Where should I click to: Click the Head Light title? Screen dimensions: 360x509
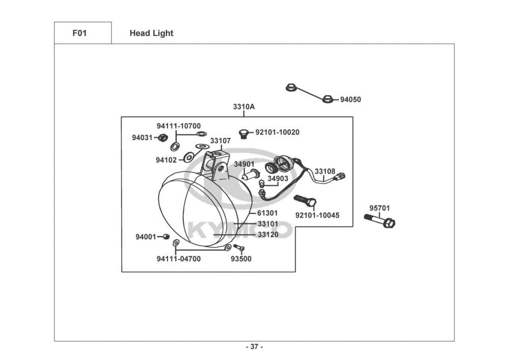(151, 33)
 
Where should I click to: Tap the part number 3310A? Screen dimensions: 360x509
(244, 107)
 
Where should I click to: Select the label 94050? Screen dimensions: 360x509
(350, 100)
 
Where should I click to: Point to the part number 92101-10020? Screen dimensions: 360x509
(277, 132)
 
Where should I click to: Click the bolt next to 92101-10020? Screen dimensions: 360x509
(244, 133)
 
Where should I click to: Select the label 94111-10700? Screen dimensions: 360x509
(178, 126)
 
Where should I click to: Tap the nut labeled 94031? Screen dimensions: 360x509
(163, 137)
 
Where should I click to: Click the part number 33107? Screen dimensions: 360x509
(220, 141)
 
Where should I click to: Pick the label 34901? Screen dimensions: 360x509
(244, 164)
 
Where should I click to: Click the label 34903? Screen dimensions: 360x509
(278, 179)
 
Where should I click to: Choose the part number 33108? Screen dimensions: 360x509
(325, 172)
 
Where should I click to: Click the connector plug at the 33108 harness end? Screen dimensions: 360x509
(341, 176)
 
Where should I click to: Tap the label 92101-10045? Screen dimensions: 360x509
(317, 215)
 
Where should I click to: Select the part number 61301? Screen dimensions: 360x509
(267, 213)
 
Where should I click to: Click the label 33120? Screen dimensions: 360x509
(268, 235)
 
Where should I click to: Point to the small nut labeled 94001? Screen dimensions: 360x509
(166, 237)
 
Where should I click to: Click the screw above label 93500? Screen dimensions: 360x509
(239, 248)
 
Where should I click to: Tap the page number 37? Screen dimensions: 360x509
(254, 347)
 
